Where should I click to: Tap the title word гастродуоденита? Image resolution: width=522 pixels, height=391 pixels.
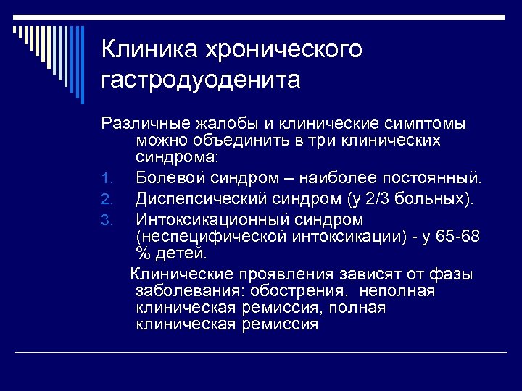click(201, 80)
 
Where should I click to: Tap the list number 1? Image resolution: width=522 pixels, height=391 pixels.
click(105, 178)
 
